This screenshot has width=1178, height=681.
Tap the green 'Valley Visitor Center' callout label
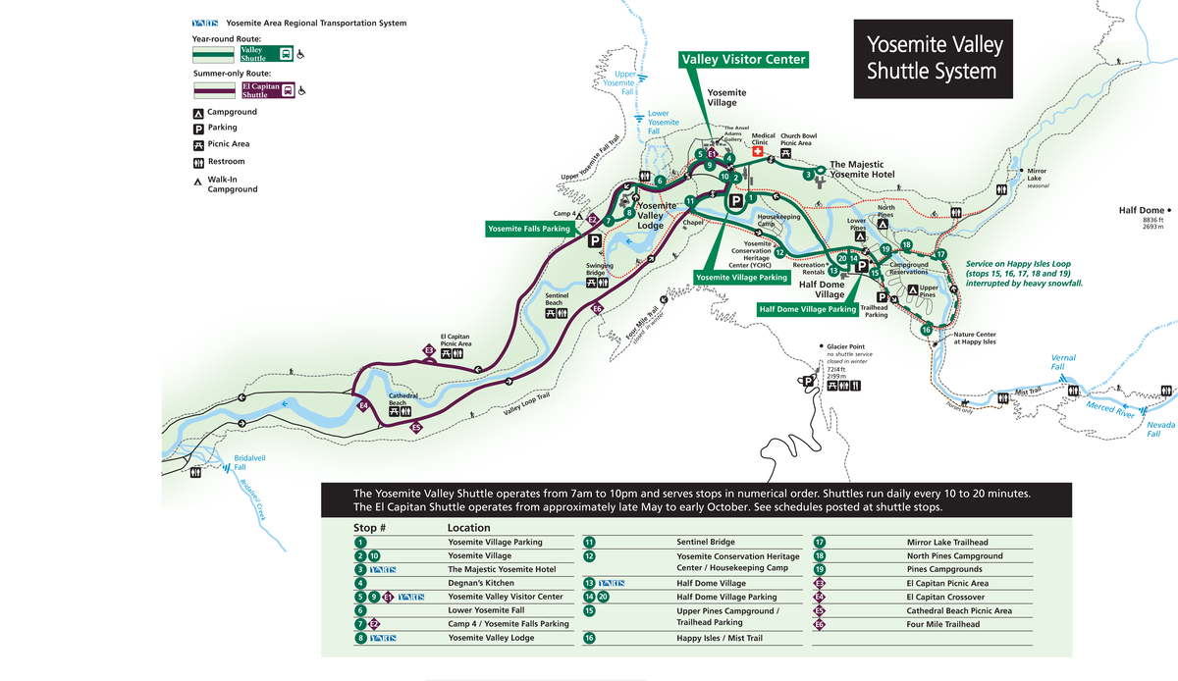[743, 60]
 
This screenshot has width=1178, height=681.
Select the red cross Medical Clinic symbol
[757, 152]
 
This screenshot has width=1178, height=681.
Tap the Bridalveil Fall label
[249, 463]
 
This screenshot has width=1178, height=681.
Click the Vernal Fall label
[1064, 361]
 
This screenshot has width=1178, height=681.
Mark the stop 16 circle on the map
[926, 330]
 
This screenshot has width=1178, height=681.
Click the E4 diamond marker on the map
[362, 405]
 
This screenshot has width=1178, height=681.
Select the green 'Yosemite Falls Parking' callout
[529, 229]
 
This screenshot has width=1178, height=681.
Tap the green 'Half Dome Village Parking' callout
[807, 308]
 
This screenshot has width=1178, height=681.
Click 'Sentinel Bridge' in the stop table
[706, 542]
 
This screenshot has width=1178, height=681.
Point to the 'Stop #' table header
[369, 527]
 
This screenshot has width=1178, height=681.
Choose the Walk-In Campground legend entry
[232, 184]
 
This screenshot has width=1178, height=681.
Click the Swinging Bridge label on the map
[601, 268]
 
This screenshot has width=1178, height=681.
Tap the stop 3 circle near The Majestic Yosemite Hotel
[807, 175]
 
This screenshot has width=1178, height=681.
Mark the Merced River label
[1110, 407]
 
